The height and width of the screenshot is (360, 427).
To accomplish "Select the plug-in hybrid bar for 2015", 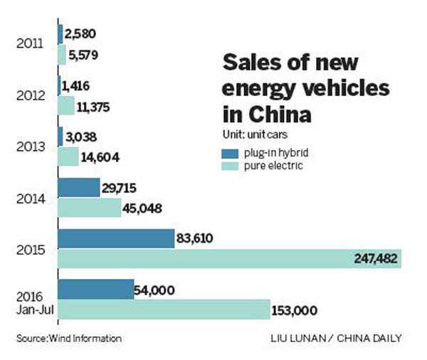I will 116,238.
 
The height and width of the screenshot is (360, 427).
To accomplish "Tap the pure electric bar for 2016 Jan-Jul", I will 163,310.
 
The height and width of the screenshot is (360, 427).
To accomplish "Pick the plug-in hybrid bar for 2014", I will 78,187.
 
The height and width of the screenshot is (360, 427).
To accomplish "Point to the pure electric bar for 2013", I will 68,156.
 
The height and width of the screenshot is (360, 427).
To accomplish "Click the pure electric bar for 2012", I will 66,105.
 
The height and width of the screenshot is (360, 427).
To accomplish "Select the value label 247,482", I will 375,259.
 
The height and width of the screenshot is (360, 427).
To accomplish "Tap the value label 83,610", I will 200,238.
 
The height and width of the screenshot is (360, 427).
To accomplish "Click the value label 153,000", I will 294,310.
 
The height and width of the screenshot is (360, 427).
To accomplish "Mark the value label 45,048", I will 146,208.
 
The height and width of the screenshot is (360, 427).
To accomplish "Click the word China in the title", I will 279,114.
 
